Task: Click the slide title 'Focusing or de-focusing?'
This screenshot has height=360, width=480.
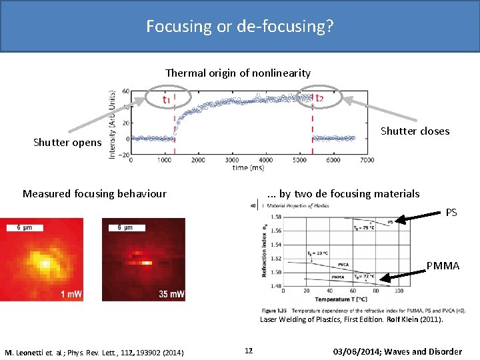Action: [x=240, y=27]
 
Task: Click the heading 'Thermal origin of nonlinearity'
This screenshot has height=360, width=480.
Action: [x=237, y=73]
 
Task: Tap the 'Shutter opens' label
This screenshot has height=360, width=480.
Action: [x=67, y=143]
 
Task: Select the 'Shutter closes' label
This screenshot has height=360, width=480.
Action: [x=415, y=131]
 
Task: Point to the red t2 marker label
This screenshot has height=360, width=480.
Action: [x=319, y=99]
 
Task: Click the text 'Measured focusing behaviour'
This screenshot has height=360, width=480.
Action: [x=94, y=193]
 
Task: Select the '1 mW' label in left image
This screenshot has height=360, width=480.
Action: [x=71, y=295]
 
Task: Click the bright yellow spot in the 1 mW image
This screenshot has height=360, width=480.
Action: [x=45, y=264]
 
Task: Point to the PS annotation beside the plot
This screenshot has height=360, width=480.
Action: [x=451, y=213]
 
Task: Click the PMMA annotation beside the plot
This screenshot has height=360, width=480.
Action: [x=443, y=266]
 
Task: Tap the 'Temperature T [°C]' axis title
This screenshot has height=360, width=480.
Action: [x=342, y=299]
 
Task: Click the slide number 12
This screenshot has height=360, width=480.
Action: [x=248, y=351]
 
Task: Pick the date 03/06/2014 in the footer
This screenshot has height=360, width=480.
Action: [x=360, y=351]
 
